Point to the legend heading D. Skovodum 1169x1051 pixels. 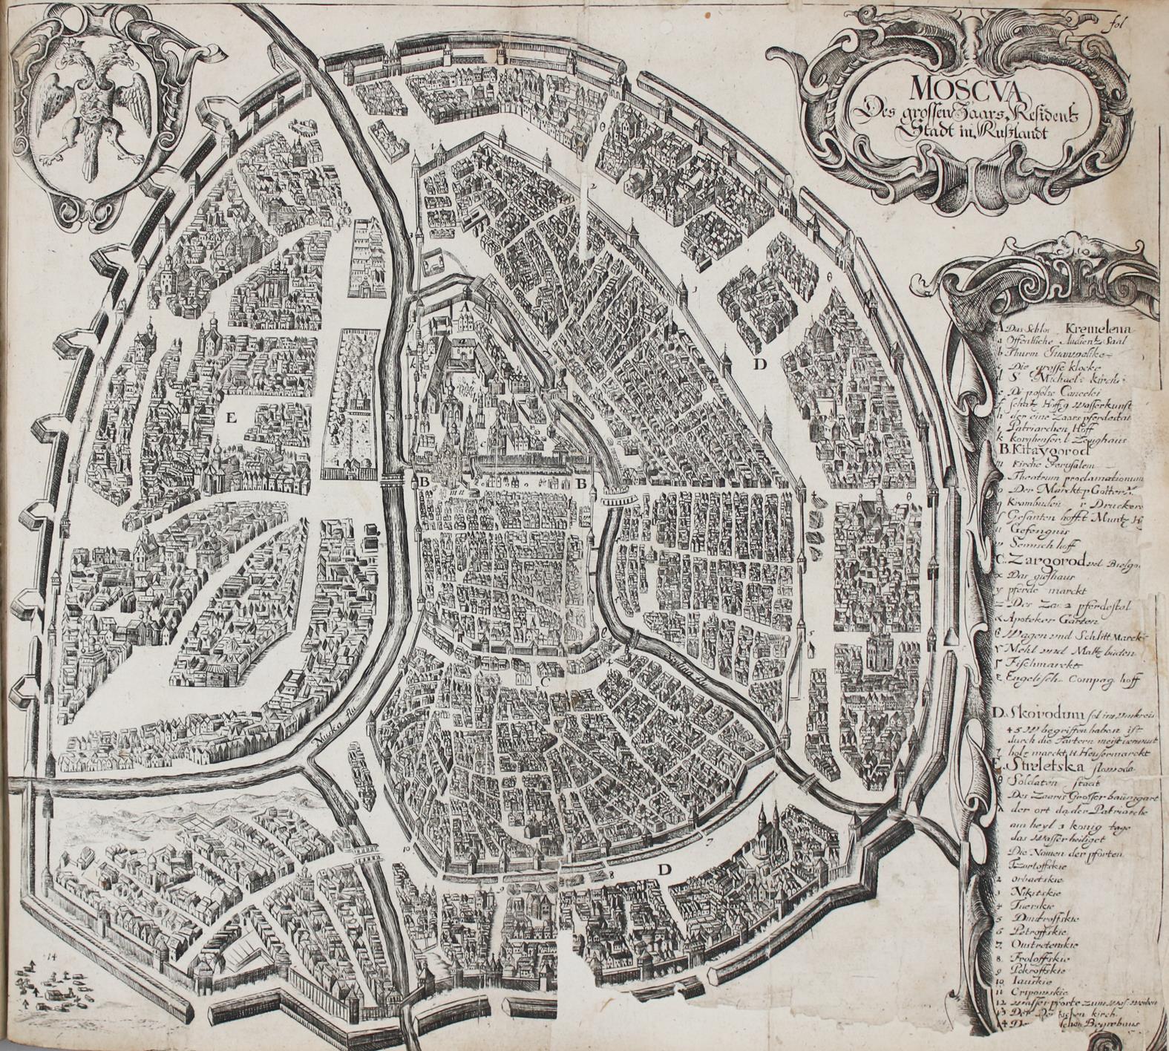(x=1032, y=714)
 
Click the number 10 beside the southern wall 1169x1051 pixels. (x=407, y=847)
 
